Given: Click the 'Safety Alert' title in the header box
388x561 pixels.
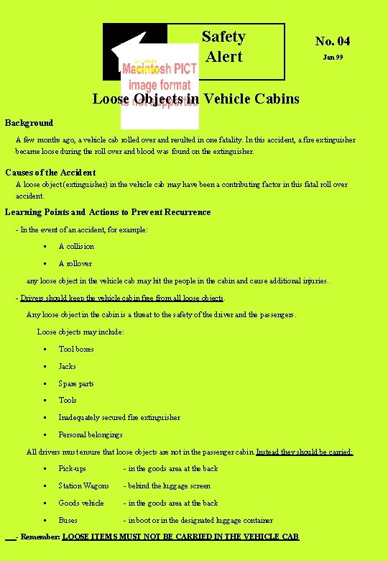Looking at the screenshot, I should pos(223,46).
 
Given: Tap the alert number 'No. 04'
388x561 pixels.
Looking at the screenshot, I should pos(333,41).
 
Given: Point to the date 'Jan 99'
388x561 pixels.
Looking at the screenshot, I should pos(333,57).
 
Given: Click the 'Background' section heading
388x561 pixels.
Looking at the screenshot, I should pos(29,123).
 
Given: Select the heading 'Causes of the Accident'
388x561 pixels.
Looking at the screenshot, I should pos(50,173).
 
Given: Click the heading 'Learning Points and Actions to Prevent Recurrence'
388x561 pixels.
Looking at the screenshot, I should pos(108,212).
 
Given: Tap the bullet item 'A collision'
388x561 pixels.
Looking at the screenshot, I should pos(76,246).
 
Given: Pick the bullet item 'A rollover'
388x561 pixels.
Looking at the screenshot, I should pos(75,263).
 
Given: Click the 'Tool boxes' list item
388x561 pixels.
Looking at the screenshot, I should pos(76,349).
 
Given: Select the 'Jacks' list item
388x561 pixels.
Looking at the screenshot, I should pos(67,366).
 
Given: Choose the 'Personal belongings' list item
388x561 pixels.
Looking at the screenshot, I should pos(91,434).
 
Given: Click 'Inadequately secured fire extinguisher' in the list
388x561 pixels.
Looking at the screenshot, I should pos(119,417).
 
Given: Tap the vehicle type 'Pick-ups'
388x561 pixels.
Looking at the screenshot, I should pos(72,468).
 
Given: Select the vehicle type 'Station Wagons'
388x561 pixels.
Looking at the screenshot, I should pos(83,485).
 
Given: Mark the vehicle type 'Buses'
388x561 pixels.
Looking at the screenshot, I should pos(68,520).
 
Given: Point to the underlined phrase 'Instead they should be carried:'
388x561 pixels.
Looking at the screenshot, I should pos(305,452).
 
